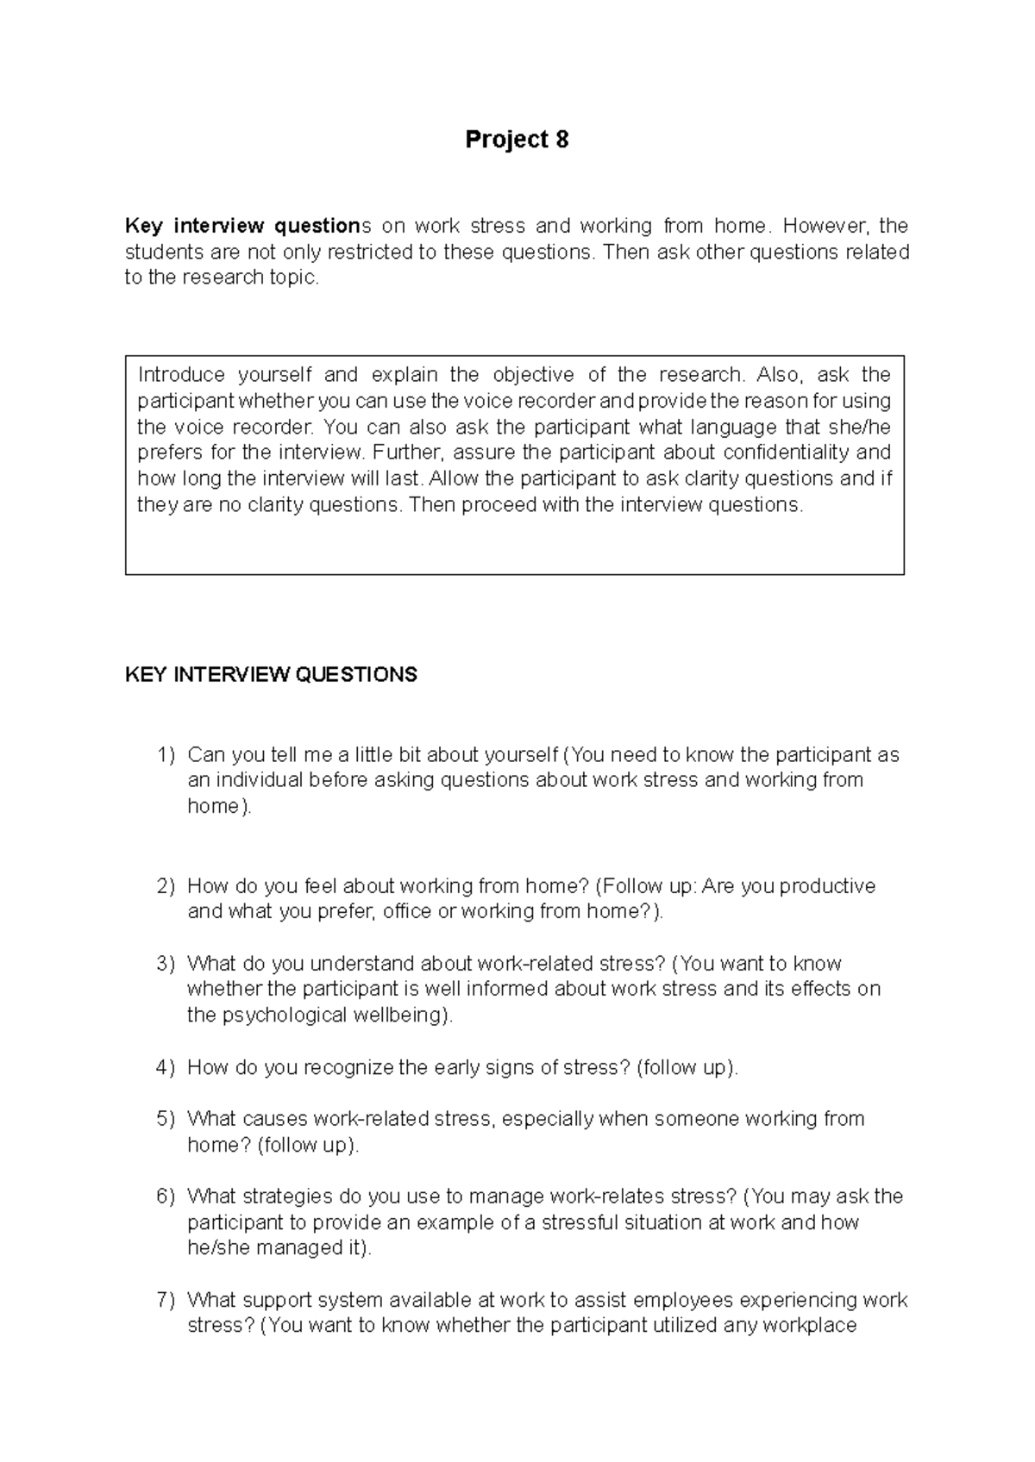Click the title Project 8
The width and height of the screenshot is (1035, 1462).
(x=517, y=140)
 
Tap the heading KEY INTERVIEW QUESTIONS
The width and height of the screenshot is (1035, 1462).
(x=271, y=674)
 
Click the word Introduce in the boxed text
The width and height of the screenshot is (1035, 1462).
(x=181, y=375)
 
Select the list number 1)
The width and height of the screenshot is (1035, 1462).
(x=166, y=755)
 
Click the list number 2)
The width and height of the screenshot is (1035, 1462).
(x=166, y=886)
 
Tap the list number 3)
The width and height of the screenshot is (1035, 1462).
(x=166, y=964)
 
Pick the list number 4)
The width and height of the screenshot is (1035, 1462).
(x=166, y=1067)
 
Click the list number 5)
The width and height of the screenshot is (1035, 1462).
(x=166, y=1119)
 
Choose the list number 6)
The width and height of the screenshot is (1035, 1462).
(x=166, y=1196)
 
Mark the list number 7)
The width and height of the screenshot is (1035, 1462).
(x=166, y=1300)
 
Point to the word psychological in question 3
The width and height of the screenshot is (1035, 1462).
(x=285, y=1015)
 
